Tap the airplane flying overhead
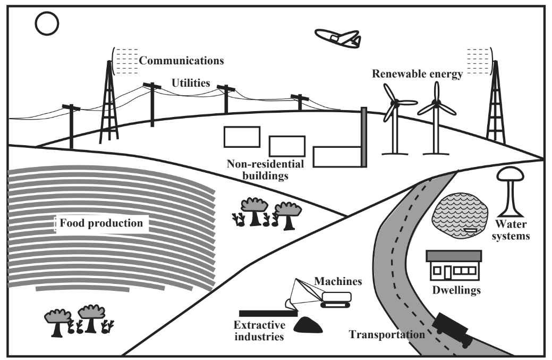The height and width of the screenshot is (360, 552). (x=337, y=37)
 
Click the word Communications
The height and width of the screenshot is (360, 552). (x=181, y=60)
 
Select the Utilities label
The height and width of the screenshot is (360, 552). (x=190, y=83)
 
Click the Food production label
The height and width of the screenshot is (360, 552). (x=101, y=223)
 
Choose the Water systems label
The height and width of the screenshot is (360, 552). (x=512, y=229)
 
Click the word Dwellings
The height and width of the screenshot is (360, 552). (x=456, y=290)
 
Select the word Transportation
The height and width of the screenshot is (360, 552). (x=387, y=334)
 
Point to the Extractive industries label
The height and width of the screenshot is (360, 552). (x=260, y=330)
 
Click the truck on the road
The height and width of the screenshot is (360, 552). (x=453, y=330)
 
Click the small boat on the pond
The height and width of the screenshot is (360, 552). (x=471, y=230)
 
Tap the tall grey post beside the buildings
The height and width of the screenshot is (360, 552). (x=364, y=137)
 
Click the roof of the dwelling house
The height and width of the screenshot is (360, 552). (x=454, y=256)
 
